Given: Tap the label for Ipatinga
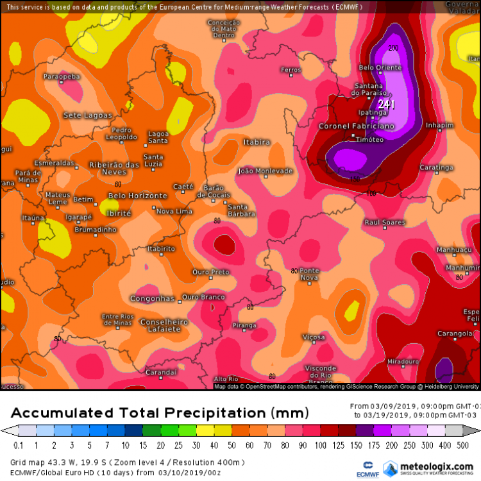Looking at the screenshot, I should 373,112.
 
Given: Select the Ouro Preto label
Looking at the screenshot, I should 211,272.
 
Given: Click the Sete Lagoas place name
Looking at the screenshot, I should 88,115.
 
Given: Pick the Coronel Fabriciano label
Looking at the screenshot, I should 357,126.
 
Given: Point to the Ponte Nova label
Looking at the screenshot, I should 309,270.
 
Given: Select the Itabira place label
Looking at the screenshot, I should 257,142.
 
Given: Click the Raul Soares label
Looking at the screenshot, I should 385,222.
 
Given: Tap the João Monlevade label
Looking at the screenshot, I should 265,171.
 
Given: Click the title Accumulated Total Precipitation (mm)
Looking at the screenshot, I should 160,412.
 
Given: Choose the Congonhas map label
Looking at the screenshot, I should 152,298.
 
